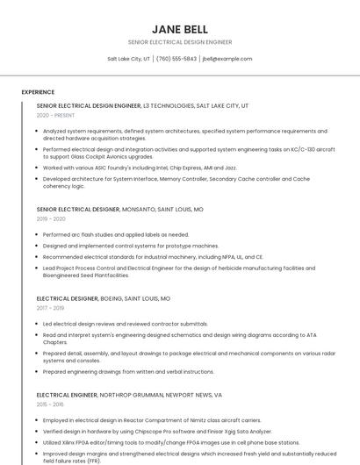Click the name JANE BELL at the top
[179, 29]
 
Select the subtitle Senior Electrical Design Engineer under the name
[179, 42]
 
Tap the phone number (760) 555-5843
[176, 59]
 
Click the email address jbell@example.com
[227, 59]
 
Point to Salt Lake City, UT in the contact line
[129, 59]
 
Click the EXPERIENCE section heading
[38, 91]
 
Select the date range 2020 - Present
[55, 115]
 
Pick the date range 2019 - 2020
[51, 219]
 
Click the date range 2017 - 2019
[50, 308]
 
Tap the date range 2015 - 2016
[50, 404]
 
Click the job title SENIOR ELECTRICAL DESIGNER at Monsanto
[78, 210]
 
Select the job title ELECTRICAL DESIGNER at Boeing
[66, 298]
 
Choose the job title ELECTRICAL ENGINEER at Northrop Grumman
[67, 395]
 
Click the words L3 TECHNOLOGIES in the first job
[169, 105]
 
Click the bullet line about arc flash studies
[116, 235]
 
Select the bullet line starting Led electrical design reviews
[126, 324]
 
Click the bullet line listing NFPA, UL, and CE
[153, 257]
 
